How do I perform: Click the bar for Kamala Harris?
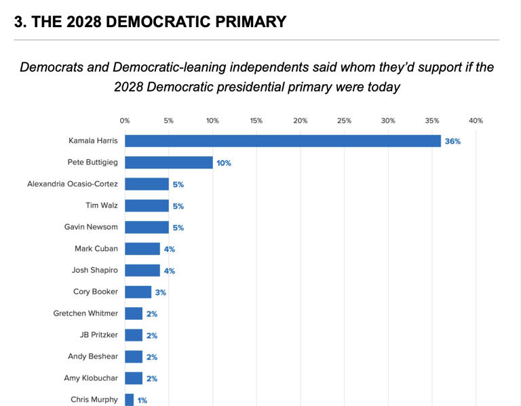(282, 141)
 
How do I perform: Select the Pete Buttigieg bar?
(168, 163)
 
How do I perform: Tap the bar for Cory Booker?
(138, 292)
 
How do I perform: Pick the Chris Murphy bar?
(129, 400)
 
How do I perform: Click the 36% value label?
(452, 142)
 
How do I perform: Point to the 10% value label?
(224, 163)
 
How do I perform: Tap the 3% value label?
(160, 293)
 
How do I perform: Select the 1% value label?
(142, 401)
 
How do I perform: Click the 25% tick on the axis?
(344, 121)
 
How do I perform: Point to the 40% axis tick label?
(476, 121)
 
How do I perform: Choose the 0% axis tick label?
(125, 121)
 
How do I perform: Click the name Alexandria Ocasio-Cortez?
(73, 184)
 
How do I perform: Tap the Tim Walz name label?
(102, 205)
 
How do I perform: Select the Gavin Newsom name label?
(91, 227)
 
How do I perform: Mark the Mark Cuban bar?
(142, 249)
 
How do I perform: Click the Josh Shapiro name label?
(95, 270)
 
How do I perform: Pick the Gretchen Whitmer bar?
(134, 313)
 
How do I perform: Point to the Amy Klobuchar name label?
(91, 378)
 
